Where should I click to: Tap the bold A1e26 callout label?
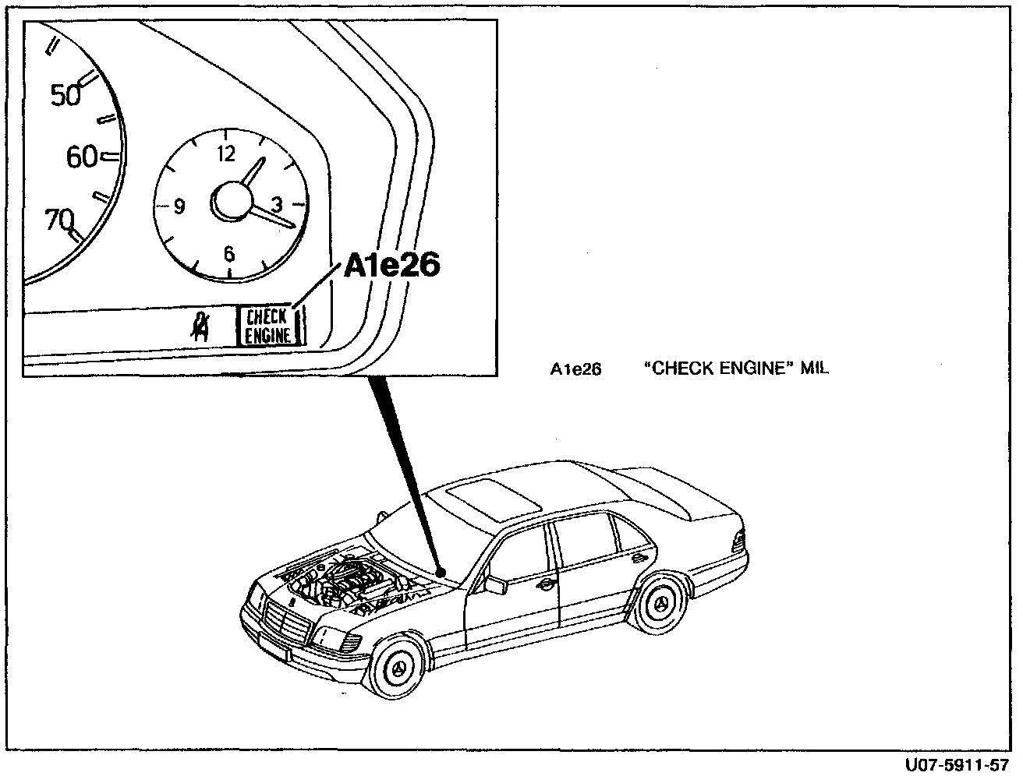(x=392, y=266)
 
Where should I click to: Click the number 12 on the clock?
(x=227, y=153)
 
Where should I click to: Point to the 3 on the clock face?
(x=276, y=204)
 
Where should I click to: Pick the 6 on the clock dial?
(x=228, y=254)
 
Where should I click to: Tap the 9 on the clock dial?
(x=179, y=207)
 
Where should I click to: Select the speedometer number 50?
(x=65, y=95)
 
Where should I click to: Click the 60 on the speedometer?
(x=82, y=157)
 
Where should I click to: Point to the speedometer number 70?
(x=59, y=220)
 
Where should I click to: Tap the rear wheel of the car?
(x=660, y=604)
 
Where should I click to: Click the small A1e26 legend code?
(x=575, y=369)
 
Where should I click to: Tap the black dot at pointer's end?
(x=441, y=573)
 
